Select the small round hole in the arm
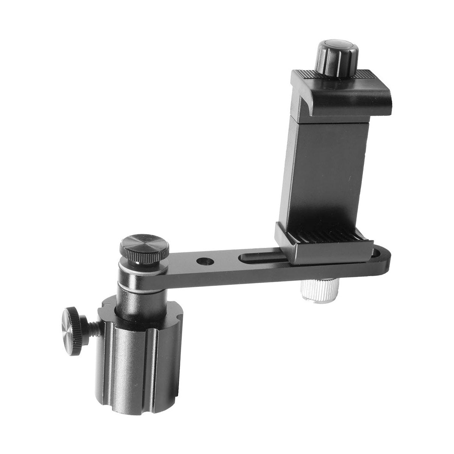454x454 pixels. (x=206, y=261)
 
